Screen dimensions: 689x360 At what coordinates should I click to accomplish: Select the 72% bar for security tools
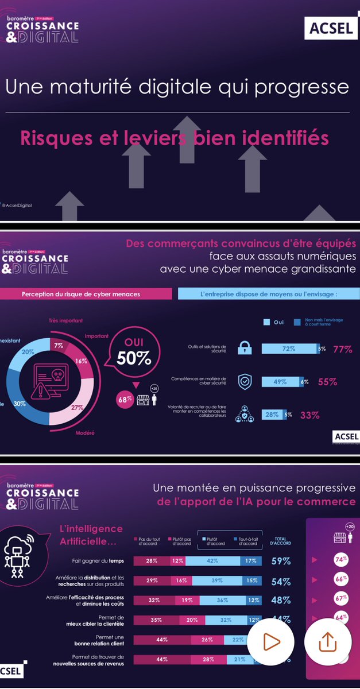(289, 349)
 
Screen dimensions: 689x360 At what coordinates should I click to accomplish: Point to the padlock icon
(245, 349)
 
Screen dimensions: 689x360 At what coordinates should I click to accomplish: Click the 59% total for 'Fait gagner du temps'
(281, 561)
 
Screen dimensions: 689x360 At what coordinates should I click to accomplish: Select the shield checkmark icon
(245, 381)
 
